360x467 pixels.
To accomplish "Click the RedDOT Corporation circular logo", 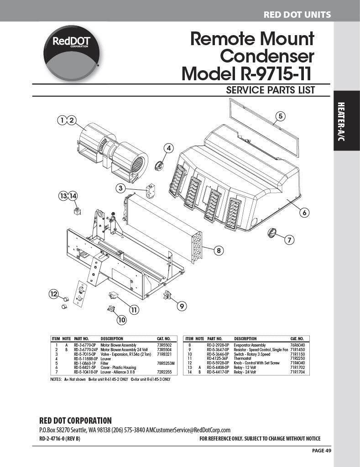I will coord(71,53).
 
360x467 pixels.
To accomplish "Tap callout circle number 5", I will coord(281,116).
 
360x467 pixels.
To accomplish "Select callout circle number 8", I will coord(219,250).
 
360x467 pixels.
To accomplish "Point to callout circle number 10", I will coord(121,320).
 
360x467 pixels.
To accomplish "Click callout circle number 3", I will coord(121,188).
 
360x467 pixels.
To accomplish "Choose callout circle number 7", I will coord(289,239).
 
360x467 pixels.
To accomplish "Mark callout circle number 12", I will coord(54,294).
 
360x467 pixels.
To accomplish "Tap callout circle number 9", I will coord(182,306).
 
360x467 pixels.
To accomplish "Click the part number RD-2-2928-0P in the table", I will coord(218,346).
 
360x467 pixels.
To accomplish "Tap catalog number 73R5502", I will coord(163,346).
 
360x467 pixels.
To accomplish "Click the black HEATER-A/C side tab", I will coord(347,120).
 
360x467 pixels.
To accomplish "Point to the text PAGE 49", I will coord(322,451).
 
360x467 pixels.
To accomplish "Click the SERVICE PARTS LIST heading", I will coord(271,90).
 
